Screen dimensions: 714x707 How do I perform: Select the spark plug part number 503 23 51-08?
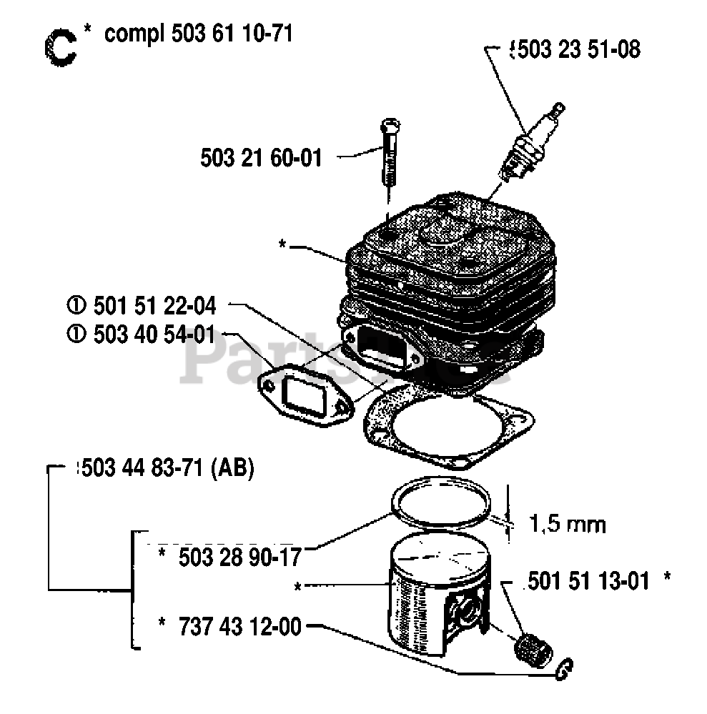[x=575, y=49]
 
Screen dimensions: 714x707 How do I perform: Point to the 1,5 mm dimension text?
[x=567, y=525]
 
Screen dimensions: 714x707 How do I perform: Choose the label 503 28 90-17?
[x=231, y=555]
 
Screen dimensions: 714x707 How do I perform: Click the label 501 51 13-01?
[x=589, y=580]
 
